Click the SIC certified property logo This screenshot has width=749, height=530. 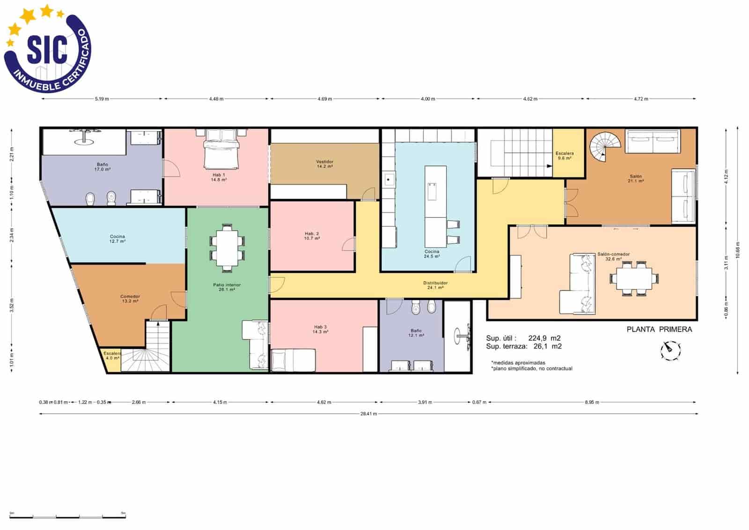click(47, 49)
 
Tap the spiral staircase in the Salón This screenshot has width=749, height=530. click(604, 147)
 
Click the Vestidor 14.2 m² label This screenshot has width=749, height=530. click(324, 164)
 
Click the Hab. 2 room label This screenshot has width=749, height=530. click(312, 236)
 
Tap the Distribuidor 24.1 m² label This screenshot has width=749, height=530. click(435, 285)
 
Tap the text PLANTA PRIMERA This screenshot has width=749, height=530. click(659, 329)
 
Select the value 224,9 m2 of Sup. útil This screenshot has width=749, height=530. click(544, 338)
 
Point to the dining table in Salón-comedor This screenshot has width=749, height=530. click(634, 278)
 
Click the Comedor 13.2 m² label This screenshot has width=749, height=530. click(130, 299)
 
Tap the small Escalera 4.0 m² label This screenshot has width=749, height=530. click(112, 355)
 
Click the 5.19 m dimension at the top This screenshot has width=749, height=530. click(102, 99)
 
